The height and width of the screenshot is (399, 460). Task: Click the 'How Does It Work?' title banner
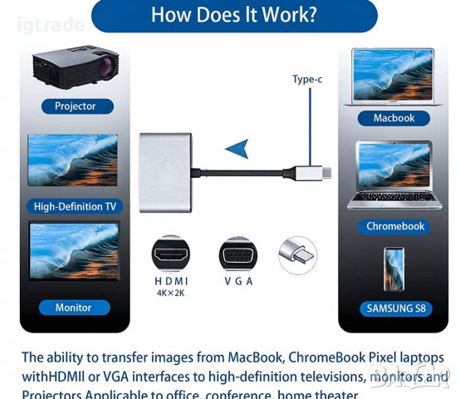tap(233, 15)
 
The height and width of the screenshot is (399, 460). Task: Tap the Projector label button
tap(75, 106)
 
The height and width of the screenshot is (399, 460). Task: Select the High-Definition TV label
tap(75, 206)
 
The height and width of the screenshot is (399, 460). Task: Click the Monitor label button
tap(73, 308)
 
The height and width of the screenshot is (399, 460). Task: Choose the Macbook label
tap(394, 118)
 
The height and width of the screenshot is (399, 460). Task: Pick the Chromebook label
tap(395, 226)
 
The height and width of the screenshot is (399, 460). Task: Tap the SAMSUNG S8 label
tap(394, 308)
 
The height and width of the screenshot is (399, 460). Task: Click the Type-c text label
tap(307, 80)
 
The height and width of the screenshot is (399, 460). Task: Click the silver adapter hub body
tap(165, 172)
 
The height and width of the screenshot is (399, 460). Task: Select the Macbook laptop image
tap(394, 76)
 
